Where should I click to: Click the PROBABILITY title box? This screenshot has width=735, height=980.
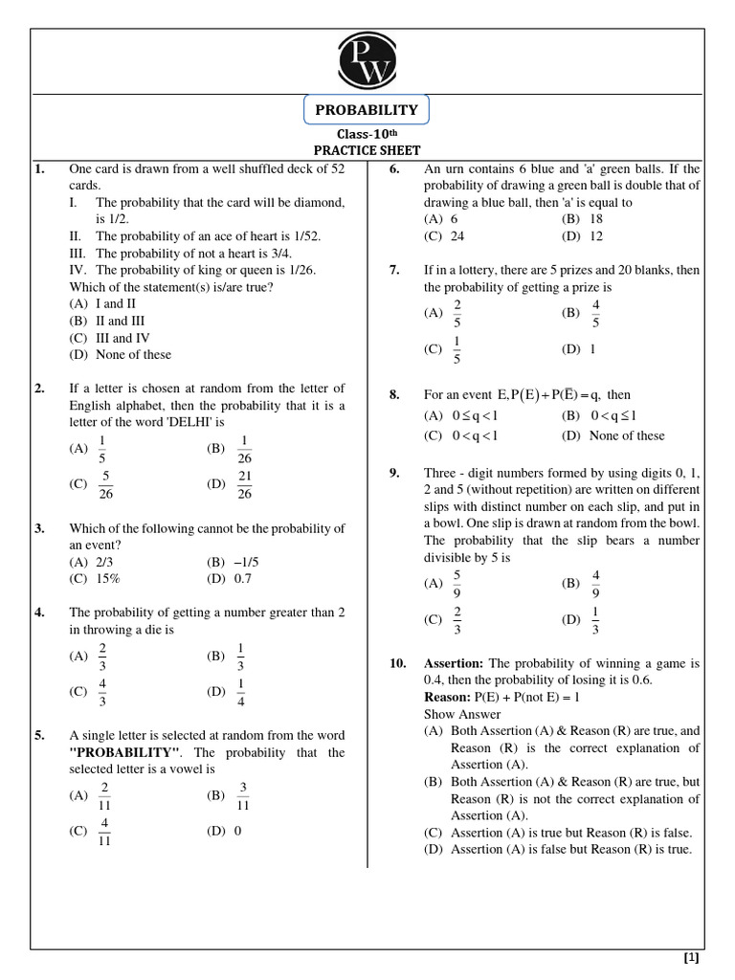coord(367,111)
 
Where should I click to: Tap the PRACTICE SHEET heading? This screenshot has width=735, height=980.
coord(367,151)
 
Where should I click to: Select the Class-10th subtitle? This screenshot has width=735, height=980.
coord(367,135)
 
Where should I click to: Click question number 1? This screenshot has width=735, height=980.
coord(40,169)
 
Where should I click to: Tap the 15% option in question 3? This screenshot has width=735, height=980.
coord(107,579)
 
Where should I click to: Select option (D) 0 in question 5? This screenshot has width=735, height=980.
coord(225,831)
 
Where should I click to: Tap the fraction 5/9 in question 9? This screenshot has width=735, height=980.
coord(457,583)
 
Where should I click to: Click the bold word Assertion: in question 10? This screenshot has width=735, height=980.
coord(455,663)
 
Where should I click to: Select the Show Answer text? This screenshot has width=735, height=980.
coord(462,714)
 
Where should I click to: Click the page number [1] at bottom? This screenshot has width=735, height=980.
coord(691,957)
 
